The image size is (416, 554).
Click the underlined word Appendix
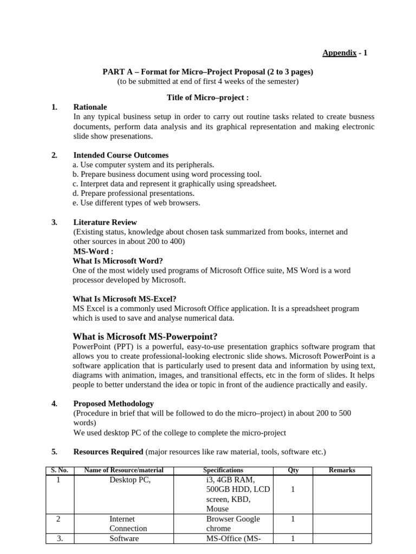point(339,52)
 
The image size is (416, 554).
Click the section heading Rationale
point(90,107)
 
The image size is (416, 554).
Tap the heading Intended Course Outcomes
point(121,155)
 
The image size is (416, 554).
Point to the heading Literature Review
point(105,222)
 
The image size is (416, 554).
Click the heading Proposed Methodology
point(113,404)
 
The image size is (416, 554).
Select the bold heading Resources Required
point(108,452)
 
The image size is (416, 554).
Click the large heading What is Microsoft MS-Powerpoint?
point(145,336)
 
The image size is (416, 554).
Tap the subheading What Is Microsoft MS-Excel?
point(125,299)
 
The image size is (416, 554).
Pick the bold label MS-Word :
point(93,252)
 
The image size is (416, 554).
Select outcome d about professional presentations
point(133,193)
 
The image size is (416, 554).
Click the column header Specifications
point(223,470)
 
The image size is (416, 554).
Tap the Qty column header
point(293,470)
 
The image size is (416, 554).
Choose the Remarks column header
point(342,470)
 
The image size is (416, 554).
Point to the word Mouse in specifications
point(217,509)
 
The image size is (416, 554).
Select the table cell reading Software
point(124,538)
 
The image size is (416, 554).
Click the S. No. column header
point(58,470)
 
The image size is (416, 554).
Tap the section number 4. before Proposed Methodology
point(54,404)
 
